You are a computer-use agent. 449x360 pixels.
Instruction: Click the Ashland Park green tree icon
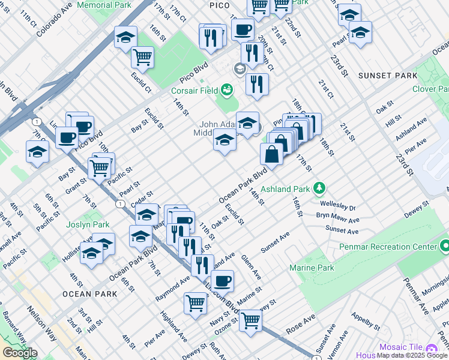click(x=319, y=188)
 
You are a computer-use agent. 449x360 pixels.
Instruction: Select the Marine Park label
click(x=312, y=268)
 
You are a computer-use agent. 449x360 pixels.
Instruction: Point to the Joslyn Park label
click(x=88, y=224)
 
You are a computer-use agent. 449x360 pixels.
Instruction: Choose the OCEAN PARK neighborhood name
click(x=88, y=294)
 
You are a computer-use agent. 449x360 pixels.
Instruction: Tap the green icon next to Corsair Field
click(x=227, y=90)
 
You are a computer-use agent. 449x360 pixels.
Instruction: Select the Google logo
click(x=20, y=352)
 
